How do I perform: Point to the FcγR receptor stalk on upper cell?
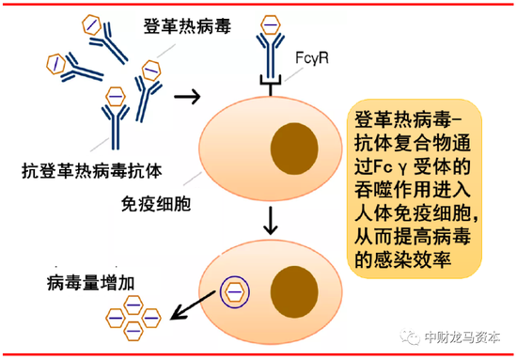pyautogui.click(x=271, y=83)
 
